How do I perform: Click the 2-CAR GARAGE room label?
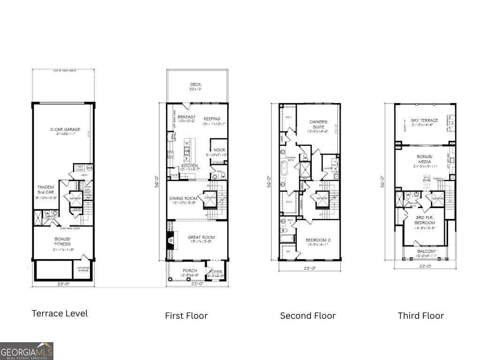click(65, 129)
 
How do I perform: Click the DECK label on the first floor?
click(195, 85)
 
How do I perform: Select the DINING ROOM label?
click(183, 198)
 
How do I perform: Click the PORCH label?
click(190, 271)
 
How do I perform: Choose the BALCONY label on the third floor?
click(426, 252)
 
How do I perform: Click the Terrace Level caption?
click(60, 313)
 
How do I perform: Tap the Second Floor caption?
click(307, 315)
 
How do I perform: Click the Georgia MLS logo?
click(27, 351)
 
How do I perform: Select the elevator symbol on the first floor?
click(209, 199)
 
